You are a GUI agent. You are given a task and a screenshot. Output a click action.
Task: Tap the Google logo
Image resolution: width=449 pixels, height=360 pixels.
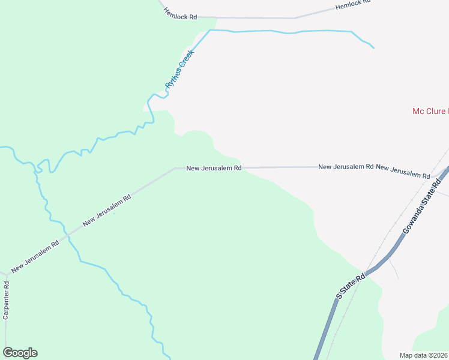(20, 353)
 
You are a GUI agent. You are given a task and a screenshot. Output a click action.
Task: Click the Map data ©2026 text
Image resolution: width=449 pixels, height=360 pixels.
(424, 355)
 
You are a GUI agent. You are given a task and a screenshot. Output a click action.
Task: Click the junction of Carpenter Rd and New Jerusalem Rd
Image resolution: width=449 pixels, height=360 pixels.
(6, 272)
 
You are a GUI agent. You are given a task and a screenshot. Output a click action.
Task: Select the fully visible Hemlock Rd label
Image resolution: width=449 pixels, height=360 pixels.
(180, 17)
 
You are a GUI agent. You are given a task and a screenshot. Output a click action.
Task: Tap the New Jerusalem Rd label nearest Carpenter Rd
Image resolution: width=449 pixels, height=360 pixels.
(35, 254)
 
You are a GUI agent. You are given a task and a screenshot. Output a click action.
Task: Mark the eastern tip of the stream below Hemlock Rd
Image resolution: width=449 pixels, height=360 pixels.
(374, 47)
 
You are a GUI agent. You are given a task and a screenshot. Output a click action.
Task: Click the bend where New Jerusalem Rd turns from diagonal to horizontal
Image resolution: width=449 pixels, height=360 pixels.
(175, 169)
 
